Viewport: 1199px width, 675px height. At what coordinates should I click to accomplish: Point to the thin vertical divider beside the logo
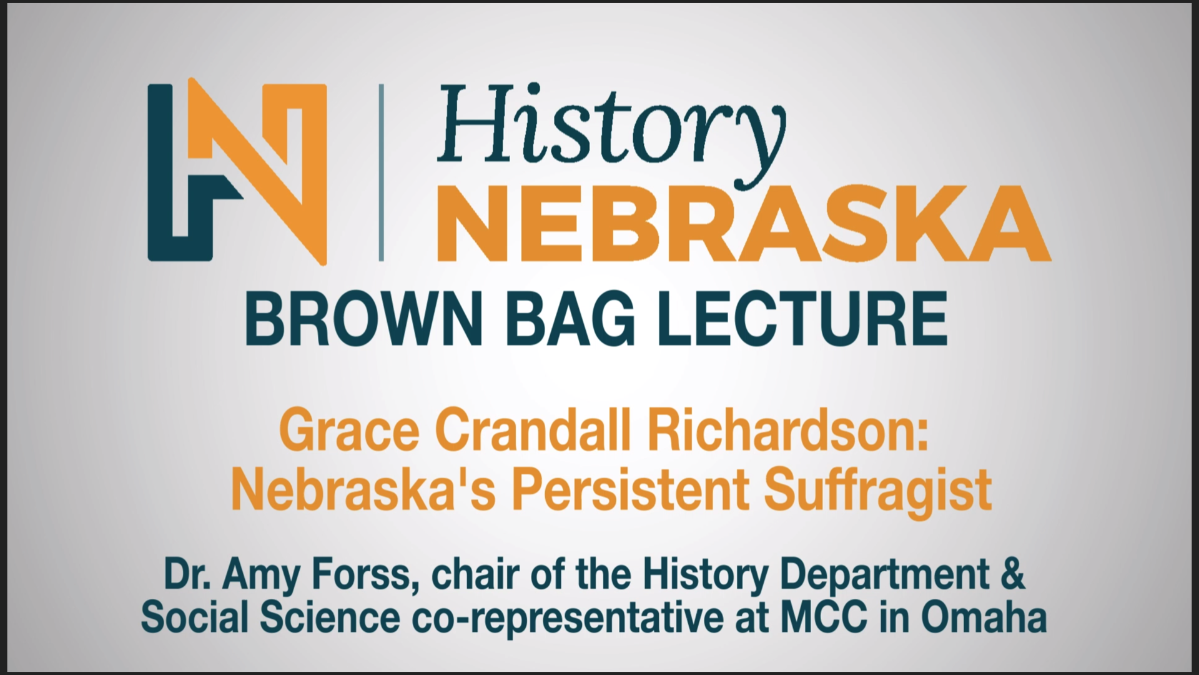click(x=381, y=172)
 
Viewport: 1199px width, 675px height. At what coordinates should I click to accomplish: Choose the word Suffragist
click(x=877, y=489)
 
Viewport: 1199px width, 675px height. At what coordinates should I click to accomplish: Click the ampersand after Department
click(x=1013, y=576)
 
